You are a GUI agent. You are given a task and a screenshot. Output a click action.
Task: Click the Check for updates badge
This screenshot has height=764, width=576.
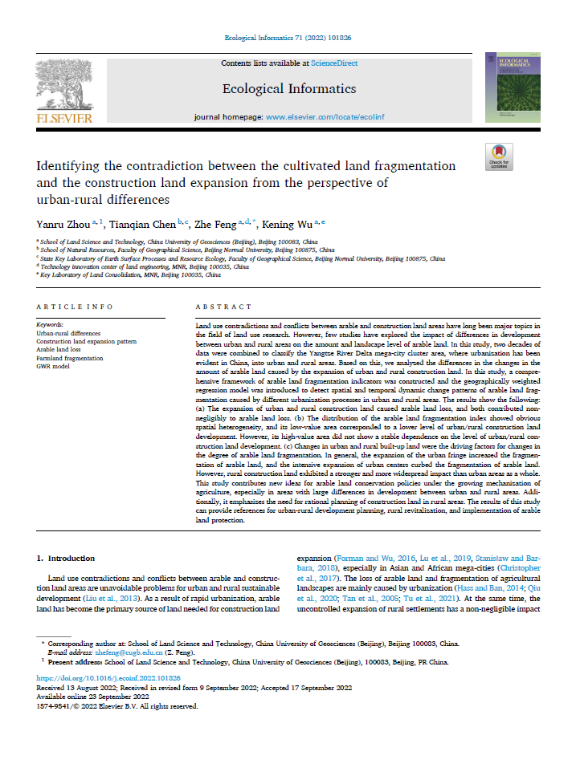click(499, 156)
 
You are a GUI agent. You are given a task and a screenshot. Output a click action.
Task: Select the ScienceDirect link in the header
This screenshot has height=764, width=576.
click(337, 63)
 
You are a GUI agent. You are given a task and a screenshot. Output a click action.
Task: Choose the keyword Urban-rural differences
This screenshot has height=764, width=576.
click(68, 332)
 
